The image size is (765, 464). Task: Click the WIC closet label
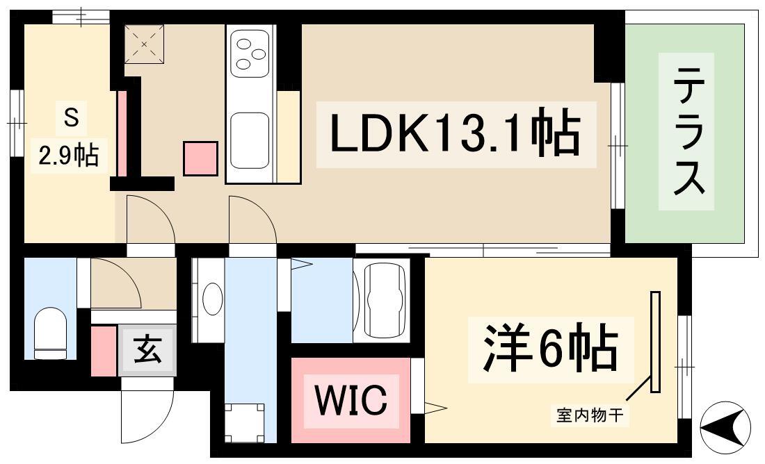(351, 399)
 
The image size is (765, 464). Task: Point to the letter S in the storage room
(71, 118)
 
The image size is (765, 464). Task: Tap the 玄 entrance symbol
(147, 351)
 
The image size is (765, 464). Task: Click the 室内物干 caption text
(590, 416)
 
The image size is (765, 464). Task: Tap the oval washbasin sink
(212, 298)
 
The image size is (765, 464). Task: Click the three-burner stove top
(250, 53)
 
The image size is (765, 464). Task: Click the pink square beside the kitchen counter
(200, 158)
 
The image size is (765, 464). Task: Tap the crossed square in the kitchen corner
(143, 44)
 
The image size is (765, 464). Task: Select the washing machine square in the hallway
(244, 423)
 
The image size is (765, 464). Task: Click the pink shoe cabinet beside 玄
(104, 351)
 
